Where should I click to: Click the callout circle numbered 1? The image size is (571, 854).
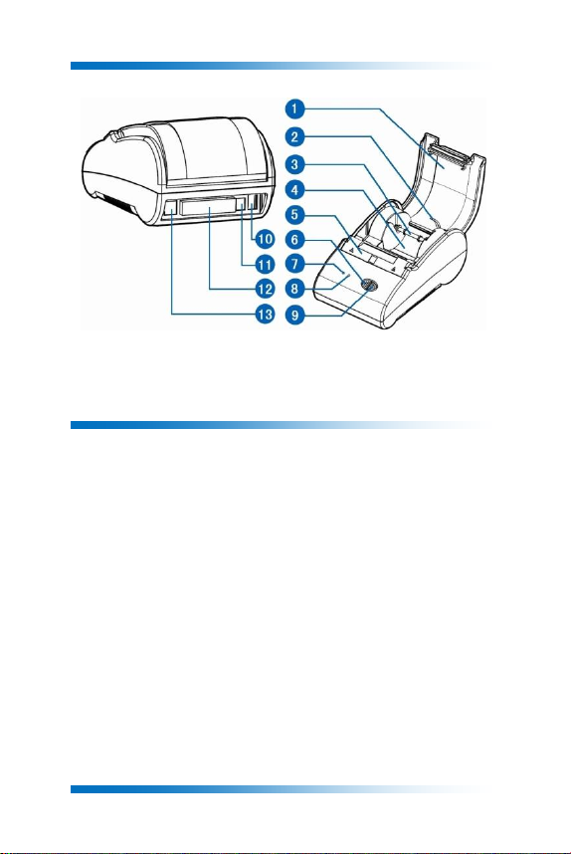coord(294,108)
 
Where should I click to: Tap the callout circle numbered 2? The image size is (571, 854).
coord(294,136)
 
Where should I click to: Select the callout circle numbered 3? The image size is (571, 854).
coord(294,164)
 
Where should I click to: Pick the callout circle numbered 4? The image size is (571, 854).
coord(294,190)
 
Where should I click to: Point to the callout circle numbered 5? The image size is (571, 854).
coord(294,215)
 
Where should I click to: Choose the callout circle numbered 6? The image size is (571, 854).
coord(294,239)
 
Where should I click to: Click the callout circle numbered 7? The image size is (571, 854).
coord(294,264)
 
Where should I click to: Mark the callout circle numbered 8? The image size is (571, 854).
coord(294,288)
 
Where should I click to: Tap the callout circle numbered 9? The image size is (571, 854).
coord(294,315)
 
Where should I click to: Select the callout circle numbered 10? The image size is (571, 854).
coord(265,239)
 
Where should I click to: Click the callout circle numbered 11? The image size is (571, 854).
coord(265,264)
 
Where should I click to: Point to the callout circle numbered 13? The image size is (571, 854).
coord(265,314)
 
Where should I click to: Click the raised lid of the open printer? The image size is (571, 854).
coord(442,185)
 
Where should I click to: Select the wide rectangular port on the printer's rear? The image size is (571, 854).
coord(209,208)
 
